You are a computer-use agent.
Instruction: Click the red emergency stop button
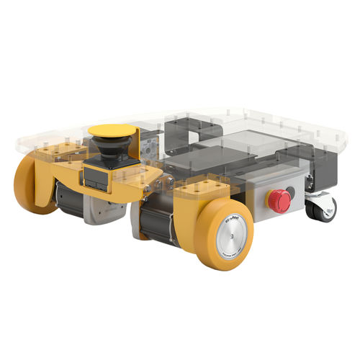point(279,201)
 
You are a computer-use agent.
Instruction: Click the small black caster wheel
point(317,210)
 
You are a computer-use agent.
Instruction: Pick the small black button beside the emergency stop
point(290,192)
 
